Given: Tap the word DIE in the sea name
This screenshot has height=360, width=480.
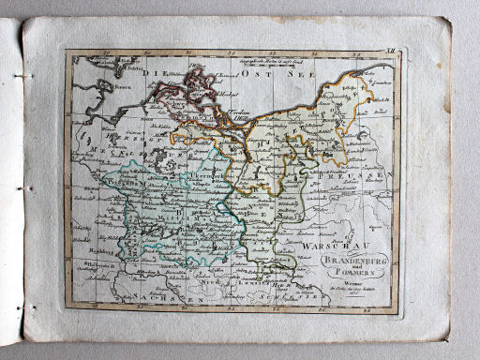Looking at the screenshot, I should pos(155,72).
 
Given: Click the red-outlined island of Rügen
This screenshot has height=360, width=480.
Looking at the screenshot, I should pos(201,84).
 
